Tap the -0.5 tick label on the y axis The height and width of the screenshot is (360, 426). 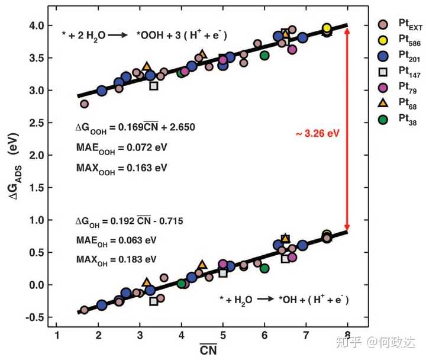click(35, 317)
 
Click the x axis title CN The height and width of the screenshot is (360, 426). click(208, 350)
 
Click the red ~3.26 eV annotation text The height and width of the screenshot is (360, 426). click(317, 133)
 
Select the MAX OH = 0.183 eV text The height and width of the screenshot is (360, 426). click(116, 259)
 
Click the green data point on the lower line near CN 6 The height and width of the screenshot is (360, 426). click(264, 268)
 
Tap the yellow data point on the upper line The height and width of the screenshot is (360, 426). click(327, 28)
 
